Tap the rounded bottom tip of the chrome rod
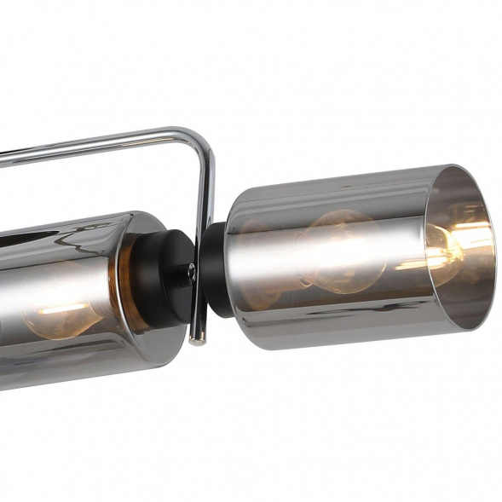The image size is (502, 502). click(199, 340)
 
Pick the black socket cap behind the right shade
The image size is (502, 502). click(216, 268)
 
